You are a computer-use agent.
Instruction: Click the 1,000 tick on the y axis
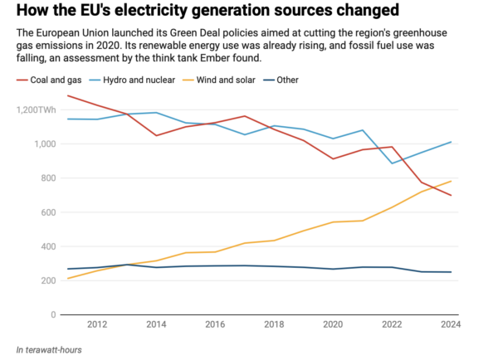pyautogui.click(x=43, y=144)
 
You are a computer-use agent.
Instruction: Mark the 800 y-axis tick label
pyautogui.click(x=47, y=178)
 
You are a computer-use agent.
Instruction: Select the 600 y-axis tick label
pyautogui.click(x=47, y=212)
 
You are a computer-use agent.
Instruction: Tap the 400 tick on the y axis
pyautogui.click(x=47, y=246)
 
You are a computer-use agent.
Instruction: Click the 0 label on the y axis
pyautogui.click(x=52, y=315)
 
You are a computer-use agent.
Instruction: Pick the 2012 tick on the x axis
pyautogui.click(x=97, y=324)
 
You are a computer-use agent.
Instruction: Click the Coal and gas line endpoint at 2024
pyautogui.click(x=452, y=196)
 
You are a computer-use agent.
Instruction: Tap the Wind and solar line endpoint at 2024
pyautogui.click(x=452, y=181)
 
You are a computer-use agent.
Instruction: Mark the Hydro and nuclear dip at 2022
pyautogui.click(x=392, y=163)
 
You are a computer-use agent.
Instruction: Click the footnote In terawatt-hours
pyautogui.click(x=49, y=349)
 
